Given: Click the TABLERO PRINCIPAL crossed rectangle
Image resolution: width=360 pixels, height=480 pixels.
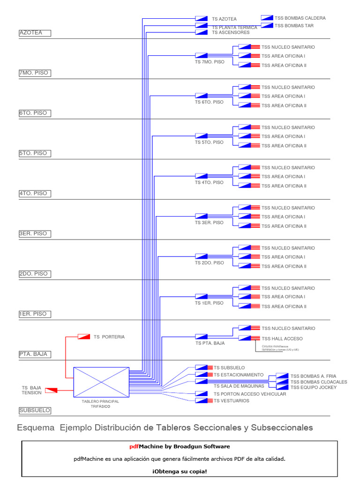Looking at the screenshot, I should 101,382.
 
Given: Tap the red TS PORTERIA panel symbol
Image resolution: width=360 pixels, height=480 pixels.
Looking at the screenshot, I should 84,337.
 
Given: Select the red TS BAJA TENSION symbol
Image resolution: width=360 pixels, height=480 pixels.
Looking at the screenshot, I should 50,390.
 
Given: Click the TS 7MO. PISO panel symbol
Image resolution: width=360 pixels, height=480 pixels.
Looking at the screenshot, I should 202,55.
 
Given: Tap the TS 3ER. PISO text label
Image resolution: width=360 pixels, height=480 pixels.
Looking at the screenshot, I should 209,223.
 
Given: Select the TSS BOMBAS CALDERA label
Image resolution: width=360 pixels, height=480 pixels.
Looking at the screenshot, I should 300,18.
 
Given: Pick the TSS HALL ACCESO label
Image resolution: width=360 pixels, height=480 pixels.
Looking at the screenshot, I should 282,338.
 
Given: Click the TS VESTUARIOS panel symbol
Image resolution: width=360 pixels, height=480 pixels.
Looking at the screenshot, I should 202,401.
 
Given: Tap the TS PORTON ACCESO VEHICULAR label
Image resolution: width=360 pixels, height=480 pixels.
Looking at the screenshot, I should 250,394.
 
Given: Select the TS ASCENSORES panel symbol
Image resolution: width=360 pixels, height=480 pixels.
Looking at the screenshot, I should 202,33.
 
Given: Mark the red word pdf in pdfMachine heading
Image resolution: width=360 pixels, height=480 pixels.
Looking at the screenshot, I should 134,447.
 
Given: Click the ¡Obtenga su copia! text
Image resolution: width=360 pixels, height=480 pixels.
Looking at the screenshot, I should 179,471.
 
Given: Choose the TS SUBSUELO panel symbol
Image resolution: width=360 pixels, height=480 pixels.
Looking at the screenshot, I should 202,367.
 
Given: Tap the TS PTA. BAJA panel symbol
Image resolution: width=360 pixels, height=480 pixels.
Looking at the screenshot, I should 202,337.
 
